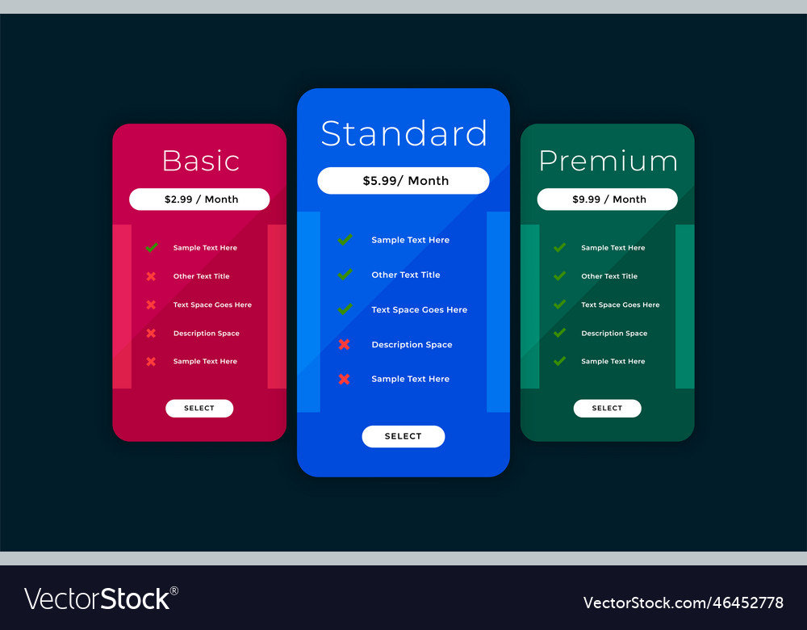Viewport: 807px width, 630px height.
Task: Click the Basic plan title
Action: pyautogui.click(x=201, y=161)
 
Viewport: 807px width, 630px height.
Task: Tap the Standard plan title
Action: pyautogui.click(x=403, y=134)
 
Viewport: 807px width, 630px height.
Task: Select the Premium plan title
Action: pyautogui.click(x=608, y=162)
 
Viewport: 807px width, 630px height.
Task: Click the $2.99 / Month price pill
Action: pyautogui.click(x=199, y=199)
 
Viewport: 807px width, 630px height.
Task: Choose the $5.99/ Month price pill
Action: pyautogui.click(x=403, y=181)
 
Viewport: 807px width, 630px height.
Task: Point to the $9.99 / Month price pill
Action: pyautogui.click(x=608, y=199)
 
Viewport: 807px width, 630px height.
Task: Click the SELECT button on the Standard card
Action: pyautogui.click(x=403, y=436)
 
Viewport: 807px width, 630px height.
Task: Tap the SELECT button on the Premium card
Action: pyautogui.click(x=608, y=409)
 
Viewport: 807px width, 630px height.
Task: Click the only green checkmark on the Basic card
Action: pyautogui.click(x=151, y=248)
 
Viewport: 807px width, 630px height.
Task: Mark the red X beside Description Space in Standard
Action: pyautogui.click(x=345, y=345)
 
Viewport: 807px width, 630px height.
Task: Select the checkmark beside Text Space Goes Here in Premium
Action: pyautogui.click(x=559, y=304)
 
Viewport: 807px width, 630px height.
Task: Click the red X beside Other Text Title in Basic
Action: pyautogui.click(x=151, y=276)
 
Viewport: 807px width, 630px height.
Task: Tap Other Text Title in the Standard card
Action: pyautogui.click(x=406, y=275)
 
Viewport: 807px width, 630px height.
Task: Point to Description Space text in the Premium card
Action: pyautogui.click(x=614, y=334)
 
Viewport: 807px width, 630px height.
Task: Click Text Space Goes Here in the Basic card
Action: pyautogui.click(x=212, y=305)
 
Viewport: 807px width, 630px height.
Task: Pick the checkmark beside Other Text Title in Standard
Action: pyautogui.click(x=345, y=275)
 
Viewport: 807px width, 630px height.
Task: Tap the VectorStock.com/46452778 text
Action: pyautogui.click(x=683, y=603)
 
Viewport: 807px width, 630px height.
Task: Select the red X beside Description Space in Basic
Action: pyautogui.click(x=151, y=334)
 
